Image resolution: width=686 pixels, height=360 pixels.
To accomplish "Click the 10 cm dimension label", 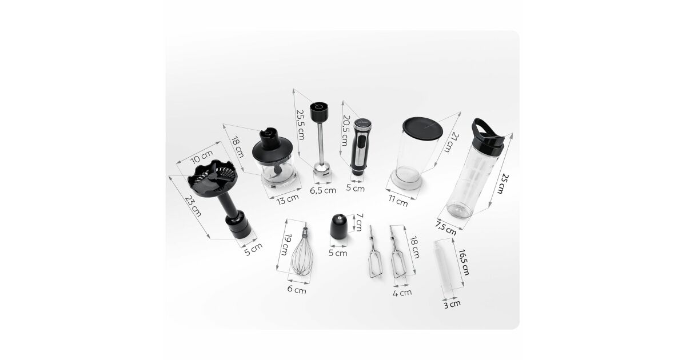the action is click(x=201, y=157).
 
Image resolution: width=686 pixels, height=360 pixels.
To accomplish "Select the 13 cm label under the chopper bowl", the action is click(x=287, y=199).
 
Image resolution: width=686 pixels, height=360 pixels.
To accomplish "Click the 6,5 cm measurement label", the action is click(x=323, y=190).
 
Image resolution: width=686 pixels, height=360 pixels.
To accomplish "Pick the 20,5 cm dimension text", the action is click(x=345, y=130).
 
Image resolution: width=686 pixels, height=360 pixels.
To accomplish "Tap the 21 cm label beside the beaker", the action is click(x=452, y=142).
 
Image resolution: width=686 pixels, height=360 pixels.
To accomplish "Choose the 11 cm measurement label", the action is click(x=398, y=201).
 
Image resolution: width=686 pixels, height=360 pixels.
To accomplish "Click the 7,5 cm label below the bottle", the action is click(x=445, y=228).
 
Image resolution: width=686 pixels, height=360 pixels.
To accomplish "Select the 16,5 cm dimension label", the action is click(x=464, y=262).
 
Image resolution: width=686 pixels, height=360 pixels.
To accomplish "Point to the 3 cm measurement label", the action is click(x=452, y=304).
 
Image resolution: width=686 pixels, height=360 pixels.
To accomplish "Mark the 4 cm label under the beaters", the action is click(x=402, y=293).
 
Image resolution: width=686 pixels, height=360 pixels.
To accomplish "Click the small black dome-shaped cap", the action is click(x=338, y=226).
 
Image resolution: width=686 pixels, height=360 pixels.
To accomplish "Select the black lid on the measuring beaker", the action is click(x=422, y=128).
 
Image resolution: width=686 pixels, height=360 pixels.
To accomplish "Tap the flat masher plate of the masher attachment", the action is click(x=212, y=178).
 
